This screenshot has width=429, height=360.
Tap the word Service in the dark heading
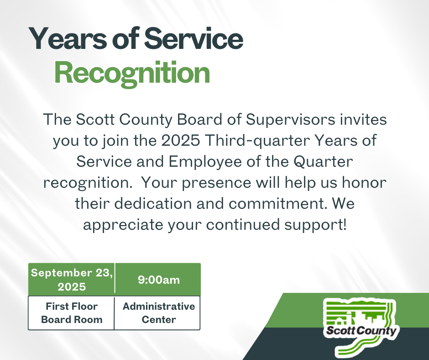pos(194,39)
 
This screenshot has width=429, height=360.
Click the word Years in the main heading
pos(67,39)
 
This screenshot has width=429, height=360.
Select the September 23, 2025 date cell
pos(72,280)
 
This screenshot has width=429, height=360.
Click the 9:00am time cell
pos(158,280)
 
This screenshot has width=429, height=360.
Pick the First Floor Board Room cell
pos(71,313)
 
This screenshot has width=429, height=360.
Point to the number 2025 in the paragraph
pos(181,140)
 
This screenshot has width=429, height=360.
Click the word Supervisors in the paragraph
pos(290,120)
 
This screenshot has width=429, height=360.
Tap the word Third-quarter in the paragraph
pos(257,141)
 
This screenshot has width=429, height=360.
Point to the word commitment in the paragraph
pos(277,204)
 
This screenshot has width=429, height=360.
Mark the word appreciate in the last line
pos(123,225)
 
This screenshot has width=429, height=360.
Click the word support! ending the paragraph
pos(316,225)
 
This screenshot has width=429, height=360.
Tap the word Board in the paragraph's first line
pos(199,119)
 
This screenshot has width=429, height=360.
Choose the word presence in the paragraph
pos(216,183)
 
